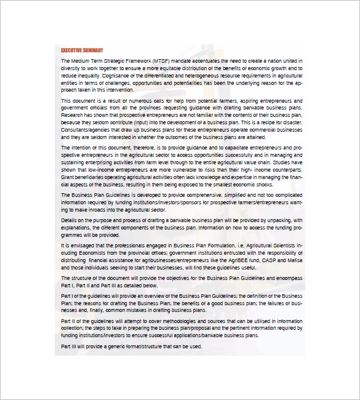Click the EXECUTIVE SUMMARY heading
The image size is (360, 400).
[x=82, y=50]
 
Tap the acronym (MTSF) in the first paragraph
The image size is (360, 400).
[x=158, y=61]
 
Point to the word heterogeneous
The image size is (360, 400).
[x=205, y=75]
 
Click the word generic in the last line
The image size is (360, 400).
[x=110, y=346]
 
